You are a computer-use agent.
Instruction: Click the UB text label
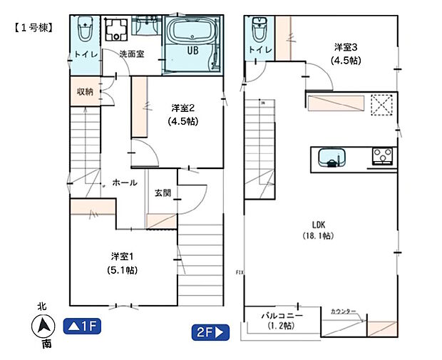pos(192,51)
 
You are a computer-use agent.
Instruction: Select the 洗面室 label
pos(132,54)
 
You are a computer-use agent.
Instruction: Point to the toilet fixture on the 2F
pos(257,31)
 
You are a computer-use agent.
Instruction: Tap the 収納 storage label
pos(85,91)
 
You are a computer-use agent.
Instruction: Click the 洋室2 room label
pos(183,108)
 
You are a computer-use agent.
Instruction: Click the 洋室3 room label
pos(346,48)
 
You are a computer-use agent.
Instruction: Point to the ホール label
pos(125,183)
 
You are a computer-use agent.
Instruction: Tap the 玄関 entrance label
pos(162,192)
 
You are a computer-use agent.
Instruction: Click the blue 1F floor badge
pos(84,327)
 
